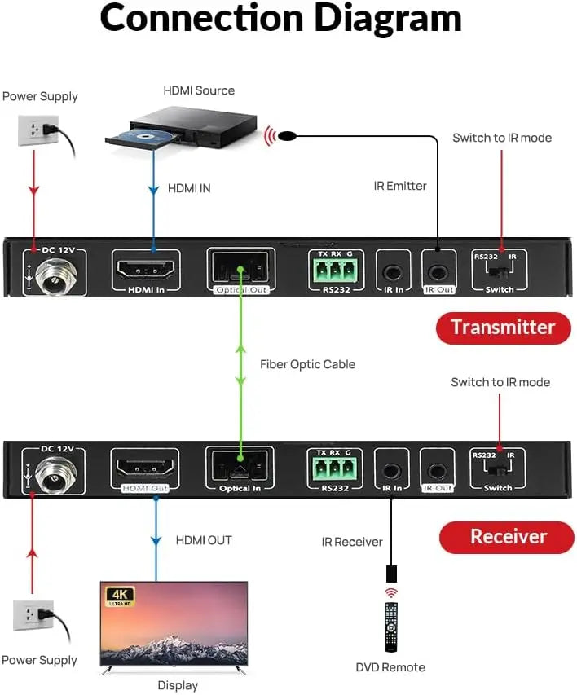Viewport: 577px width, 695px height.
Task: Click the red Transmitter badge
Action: click(x=503, y=328)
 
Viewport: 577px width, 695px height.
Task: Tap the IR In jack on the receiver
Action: click(x=392, y=471)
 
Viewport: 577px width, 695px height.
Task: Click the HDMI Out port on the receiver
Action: click(x=147, y=469)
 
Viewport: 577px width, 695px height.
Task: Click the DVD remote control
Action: click(x=391, y=627)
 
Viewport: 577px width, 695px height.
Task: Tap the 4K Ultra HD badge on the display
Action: click(x=120, y=596)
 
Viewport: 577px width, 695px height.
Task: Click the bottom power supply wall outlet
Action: click(x=34, y=615)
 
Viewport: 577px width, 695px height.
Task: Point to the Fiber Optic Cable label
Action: click(x=307, y=364)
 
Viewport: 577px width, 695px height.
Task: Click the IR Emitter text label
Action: click(x=400, y=186)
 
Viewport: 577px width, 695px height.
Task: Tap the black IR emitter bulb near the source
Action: click(x=288, y=135)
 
